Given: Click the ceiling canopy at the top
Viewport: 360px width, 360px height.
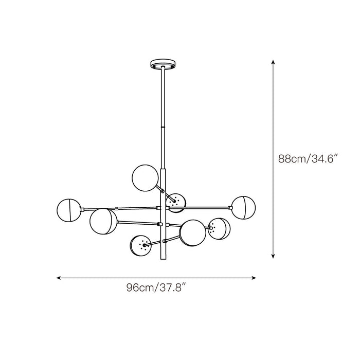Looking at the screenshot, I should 163,65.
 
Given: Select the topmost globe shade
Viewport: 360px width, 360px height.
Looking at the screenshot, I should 145,177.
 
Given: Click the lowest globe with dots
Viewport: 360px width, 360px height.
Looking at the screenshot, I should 141,246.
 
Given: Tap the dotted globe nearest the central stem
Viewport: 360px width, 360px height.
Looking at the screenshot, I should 176,203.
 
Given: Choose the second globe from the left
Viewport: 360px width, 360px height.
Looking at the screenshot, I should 102,221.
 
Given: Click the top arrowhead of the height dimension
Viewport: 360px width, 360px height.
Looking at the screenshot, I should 273,62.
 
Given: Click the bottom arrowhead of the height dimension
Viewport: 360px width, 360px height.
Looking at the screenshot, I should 273,256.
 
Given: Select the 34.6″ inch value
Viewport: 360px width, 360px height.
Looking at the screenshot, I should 323,159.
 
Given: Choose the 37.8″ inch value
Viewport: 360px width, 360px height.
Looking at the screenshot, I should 171,288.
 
